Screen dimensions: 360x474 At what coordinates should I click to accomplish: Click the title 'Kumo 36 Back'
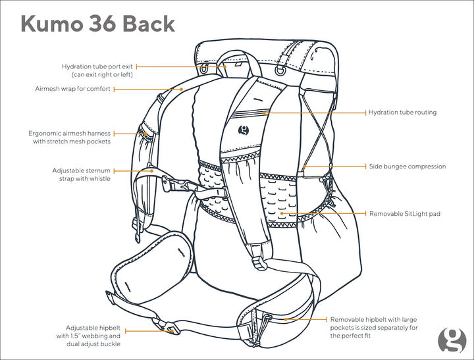[98, 24]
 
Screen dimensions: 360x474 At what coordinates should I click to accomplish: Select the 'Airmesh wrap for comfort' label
[72, 88]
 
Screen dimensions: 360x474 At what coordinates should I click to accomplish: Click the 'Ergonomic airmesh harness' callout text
[70, 137]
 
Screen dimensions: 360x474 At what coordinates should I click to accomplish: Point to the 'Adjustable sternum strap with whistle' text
[82, 174]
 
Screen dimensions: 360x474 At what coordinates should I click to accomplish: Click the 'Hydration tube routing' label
[402, 113]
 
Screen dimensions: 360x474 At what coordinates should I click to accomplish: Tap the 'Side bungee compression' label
[407, 167]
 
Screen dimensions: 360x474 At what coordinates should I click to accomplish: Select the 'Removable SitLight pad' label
[404, 214]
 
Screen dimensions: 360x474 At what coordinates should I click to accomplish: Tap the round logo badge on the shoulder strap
[244, 130]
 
